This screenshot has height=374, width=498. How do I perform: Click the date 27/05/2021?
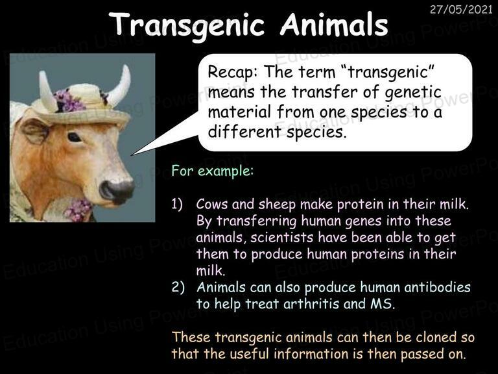coord(461,10)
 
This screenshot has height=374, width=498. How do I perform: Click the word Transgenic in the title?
coord(187,25)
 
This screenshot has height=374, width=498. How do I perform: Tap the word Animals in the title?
coord(334,24)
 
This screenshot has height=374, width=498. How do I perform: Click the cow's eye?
coord(75,137)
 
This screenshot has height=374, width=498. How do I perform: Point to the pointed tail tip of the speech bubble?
coord(132,155)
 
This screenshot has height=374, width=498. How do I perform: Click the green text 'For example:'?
coord(213,171)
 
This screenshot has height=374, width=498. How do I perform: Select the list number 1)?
coord(177,204)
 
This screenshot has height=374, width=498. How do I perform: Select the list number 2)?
coord(178,287)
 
